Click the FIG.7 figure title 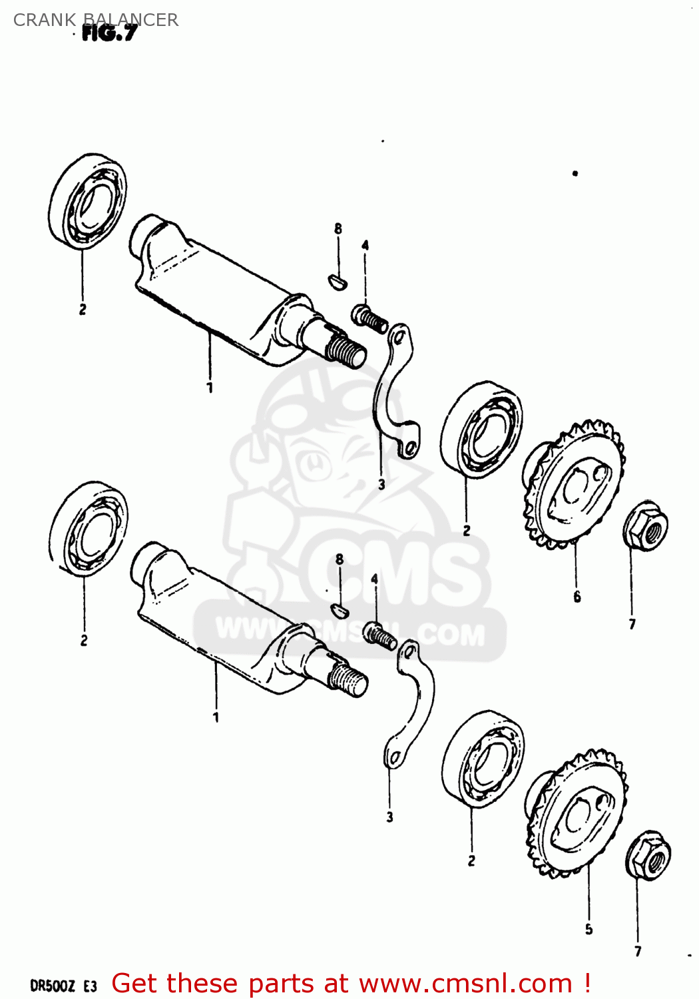tap(109, 33)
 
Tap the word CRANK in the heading tap(45, 20)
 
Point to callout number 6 tap(577, 597)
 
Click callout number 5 tap(588, 929)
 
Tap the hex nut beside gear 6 tap(645, 526)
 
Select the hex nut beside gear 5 tap(648, 856)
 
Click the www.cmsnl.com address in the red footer tap(465, 984)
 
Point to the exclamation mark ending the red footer tap(587, 983)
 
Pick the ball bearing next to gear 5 tap(483, 759)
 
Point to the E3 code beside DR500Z tap(91, 986)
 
